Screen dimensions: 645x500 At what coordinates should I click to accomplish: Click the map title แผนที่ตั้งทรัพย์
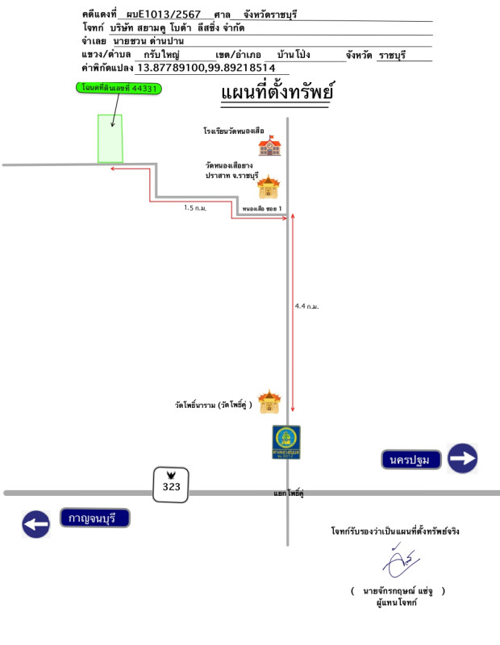(x=278, y=94)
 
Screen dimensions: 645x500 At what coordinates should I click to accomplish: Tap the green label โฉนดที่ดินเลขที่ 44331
(x=119, y=89)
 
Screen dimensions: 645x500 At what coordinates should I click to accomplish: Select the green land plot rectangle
(x=110, y=138)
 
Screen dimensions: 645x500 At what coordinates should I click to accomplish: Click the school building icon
(x=269, y=146)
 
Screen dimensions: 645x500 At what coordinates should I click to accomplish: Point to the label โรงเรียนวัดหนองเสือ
(x=233, y=130)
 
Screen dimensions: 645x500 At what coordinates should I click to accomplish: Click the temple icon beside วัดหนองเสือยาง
(x=269, y=188)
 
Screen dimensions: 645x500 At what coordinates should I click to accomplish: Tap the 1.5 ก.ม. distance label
(x=195, y=208)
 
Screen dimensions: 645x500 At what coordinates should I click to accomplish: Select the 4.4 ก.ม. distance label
(x=306, y=306)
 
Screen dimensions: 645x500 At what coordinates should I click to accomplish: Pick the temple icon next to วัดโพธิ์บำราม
(x=269, y=402)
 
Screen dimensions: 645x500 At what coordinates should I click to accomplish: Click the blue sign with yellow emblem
(x=286, y=443)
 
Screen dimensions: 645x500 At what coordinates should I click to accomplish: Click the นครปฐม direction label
(x=411, y=460)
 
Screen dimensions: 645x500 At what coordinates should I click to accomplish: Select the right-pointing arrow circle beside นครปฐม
(x=463, y=459)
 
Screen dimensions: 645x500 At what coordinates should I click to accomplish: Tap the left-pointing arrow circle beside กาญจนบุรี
(x=36, y=524)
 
